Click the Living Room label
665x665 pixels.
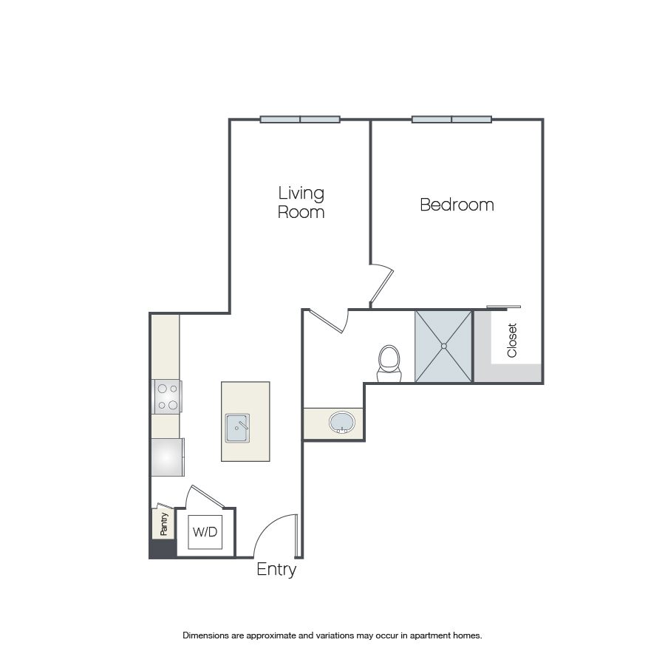point(301,202)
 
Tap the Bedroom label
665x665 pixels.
point(457,205)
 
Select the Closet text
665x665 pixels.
point(512,340)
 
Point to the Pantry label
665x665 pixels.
point(164,524)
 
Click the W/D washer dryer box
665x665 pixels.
point(205,532)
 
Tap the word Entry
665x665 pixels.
point(276,569)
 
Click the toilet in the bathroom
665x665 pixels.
point(389,364)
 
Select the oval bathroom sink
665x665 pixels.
point(342,423)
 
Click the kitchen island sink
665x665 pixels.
point(237,428)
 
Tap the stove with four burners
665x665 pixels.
point(167,397)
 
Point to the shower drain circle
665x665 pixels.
point(443,346)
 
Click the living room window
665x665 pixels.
point(300,120)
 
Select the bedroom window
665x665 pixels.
point(451,120)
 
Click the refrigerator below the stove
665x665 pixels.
point(168,457)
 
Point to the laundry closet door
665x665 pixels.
point(208,497)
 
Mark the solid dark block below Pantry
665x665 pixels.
point(162,549)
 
